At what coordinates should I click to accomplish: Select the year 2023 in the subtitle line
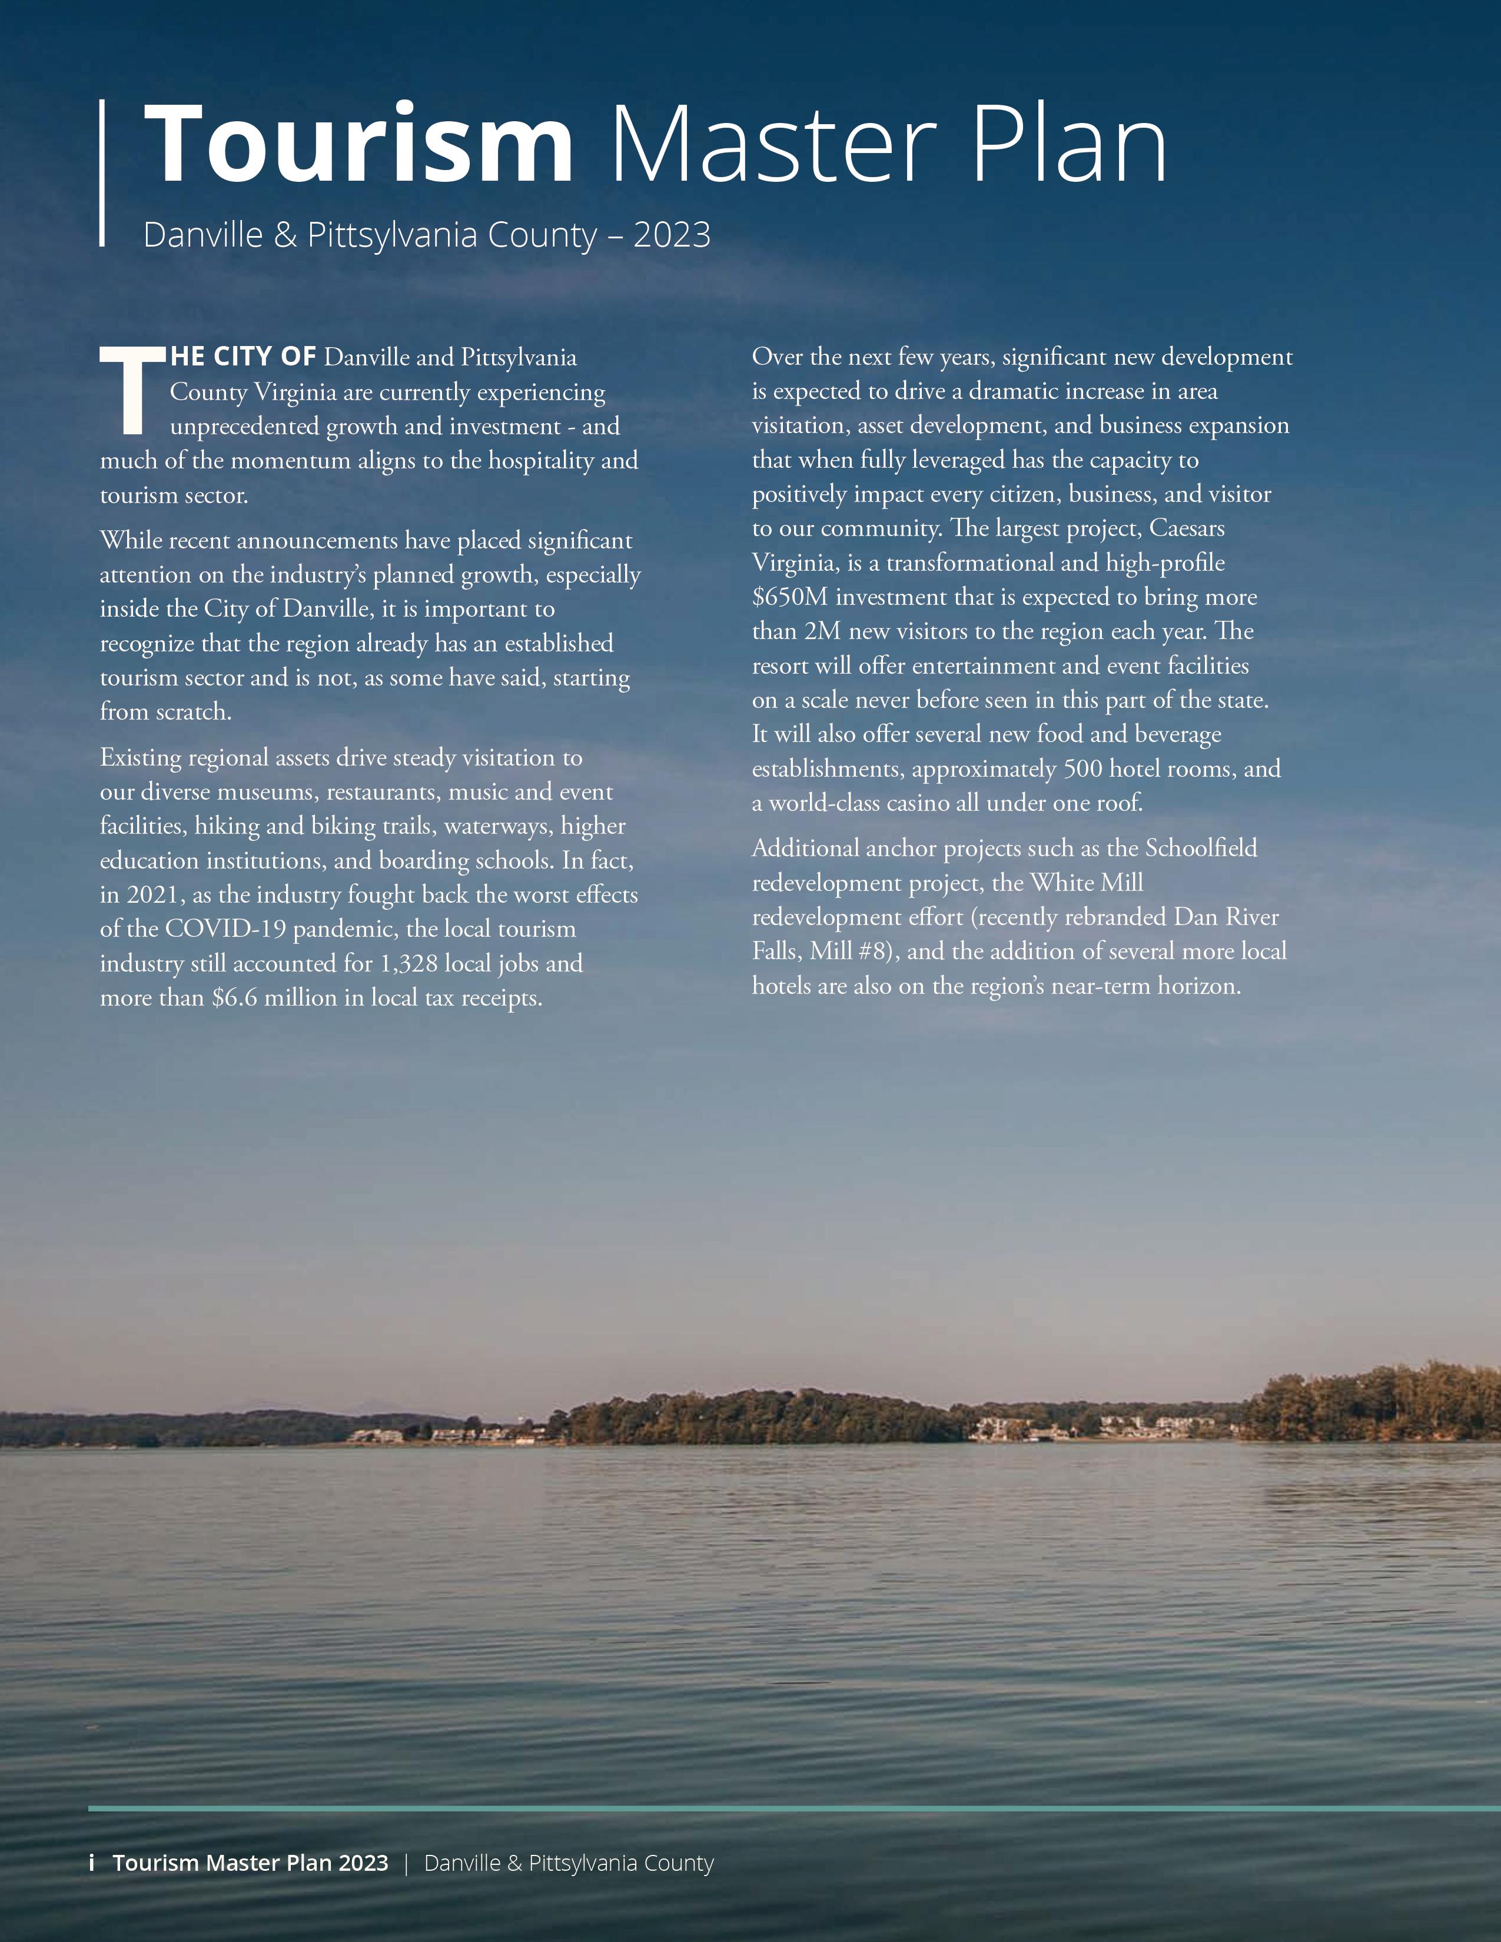[x=672, y=235]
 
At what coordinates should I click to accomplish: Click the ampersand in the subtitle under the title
[x=285, y=235]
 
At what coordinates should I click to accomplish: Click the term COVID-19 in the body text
[x=225, y=929]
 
